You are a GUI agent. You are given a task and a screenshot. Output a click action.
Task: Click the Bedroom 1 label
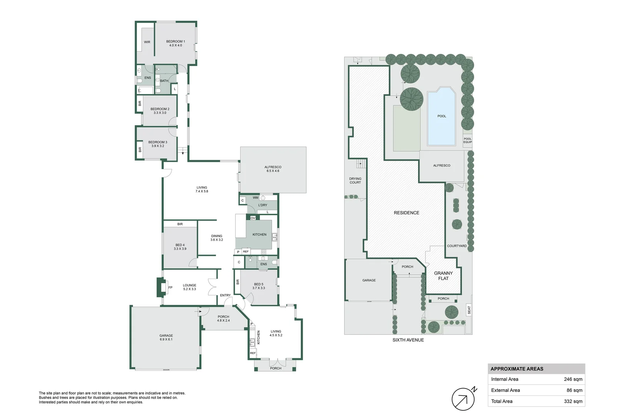pyautogui.click(x=176, y=43)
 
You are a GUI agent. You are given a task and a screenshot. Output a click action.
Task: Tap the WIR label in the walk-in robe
pyautogui.click(x=147, y=42)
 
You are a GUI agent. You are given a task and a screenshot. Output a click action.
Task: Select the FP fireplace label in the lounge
pyautogui.click(x=171, y=287)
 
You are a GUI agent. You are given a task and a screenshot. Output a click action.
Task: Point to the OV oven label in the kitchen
pyautogui.click(x=253, y=218)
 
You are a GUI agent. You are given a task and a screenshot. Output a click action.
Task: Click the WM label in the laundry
pyautogui.click(x=256, y=198)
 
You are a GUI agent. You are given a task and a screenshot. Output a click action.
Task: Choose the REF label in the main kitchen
pyautogui.click(x=246, y=252)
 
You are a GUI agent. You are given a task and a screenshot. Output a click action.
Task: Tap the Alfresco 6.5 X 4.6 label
pyautogui.click(x=273, y=169)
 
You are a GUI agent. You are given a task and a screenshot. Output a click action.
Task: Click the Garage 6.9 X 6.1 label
pyautogui.click(x=166, y=337)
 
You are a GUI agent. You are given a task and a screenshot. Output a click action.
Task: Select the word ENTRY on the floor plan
pyautogui.click(x=226, y=295)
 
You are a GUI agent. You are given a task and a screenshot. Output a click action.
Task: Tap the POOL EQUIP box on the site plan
pyautogui.click(x=468, y=140)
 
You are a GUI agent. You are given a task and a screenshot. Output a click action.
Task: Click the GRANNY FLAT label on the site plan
pyautogui.click(x=443, y=276)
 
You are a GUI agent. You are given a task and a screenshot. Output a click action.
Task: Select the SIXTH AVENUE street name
pyautogui.click(x=408, y=340)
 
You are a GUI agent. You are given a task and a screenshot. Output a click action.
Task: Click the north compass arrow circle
pyautogui.click(x=463, y=399)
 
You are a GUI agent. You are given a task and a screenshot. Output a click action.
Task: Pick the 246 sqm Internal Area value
pyautogui.click(x=573, y=379)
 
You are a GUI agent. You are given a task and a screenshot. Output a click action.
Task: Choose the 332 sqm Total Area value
pyautogui.click(x=573, y=401)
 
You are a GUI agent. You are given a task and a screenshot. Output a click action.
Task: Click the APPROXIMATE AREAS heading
pyautogui.click(x=517, y=369)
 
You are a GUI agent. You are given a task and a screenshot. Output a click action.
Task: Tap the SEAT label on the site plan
pyautogui.click(x=469, y=310)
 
